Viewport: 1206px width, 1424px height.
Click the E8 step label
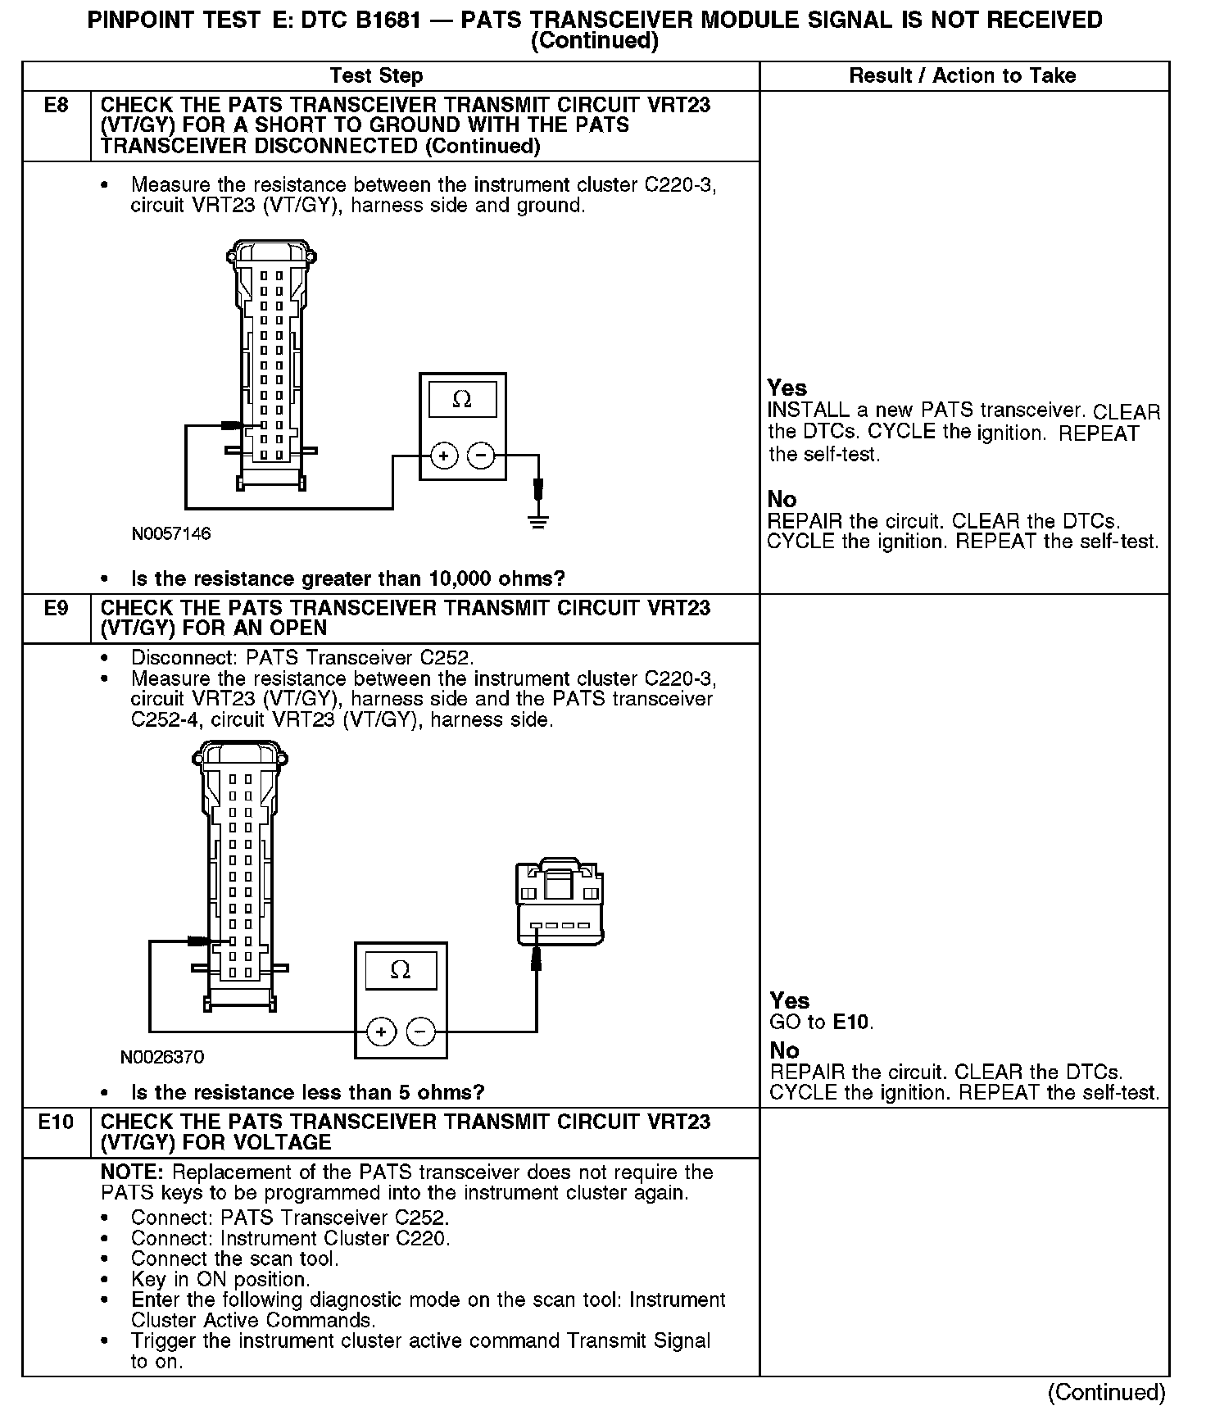point(56,106)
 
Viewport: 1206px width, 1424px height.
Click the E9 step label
point(56,609)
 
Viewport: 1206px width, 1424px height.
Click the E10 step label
point(56,1122)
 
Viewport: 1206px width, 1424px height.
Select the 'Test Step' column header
point(376,76)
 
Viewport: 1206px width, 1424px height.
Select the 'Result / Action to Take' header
point(963,76)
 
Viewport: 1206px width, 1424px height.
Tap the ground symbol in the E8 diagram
point(537,521)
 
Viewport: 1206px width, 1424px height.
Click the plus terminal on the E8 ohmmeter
point(443,456)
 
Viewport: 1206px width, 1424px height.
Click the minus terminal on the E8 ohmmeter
point(482,456)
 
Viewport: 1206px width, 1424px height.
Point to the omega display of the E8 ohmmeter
point(462,401)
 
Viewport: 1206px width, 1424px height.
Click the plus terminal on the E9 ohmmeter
point(381,1032)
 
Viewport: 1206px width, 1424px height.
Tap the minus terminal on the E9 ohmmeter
point(420,1032)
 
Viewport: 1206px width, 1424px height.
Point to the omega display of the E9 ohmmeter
point(400,971)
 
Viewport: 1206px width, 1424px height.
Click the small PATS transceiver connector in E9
point(560,902)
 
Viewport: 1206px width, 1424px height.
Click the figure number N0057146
point(171,534)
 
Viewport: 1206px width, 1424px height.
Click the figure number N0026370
point(162,1057)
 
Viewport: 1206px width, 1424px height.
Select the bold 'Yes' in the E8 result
point(787,388)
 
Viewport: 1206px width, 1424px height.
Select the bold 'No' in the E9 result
point(784,1050)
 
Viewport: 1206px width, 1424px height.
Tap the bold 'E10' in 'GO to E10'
point(852,1023)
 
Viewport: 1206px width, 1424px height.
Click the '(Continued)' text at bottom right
point(1106,1393)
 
